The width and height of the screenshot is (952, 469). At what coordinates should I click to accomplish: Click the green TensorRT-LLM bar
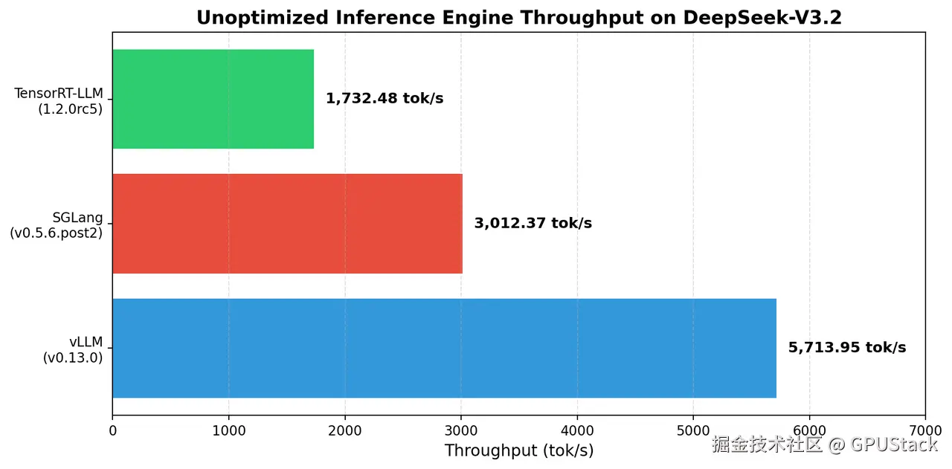[x=213, y=99]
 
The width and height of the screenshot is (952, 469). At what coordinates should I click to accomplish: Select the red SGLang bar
[x=287, y=223]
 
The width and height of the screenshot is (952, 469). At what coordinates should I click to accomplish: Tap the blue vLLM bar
[x=444, y=348]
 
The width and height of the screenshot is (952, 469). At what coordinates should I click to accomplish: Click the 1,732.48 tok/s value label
[x=385, y=99]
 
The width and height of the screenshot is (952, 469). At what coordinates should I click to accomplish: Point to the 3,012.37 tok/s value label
[x=533, y=223]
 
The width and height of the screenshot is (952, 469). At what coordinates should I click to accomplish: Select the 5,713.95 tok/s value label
[x=847, y=348]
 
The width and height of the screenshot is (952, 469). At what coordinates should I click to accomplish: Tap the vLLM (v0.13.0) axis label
[x=73, y=349]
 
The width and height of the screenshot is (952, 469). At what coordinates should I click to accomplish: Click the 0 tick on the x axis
[x=112, y=430]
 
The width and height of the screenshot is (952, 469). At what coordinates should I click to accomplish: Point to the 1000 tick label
[x=228, y=430]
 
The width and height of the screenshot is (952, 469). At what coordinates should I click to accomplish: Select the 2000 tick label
[x=344, y=430]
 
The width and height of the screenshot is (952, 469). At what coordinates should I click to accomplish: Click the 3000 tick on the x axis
[x=461, y=430]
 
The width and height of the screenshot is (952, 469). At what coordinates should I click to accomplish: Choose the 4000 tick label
[x=577, y=430]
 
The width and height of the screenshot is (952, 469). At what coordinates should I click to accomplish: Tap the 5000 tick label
[x=693, y=430]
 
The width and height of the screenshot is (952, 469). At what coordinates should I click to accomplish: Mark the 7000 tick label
[x=925, y=430]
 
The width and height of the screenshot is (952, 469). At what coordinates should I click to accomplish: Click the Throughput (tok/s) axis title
[x=519, y=450]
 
